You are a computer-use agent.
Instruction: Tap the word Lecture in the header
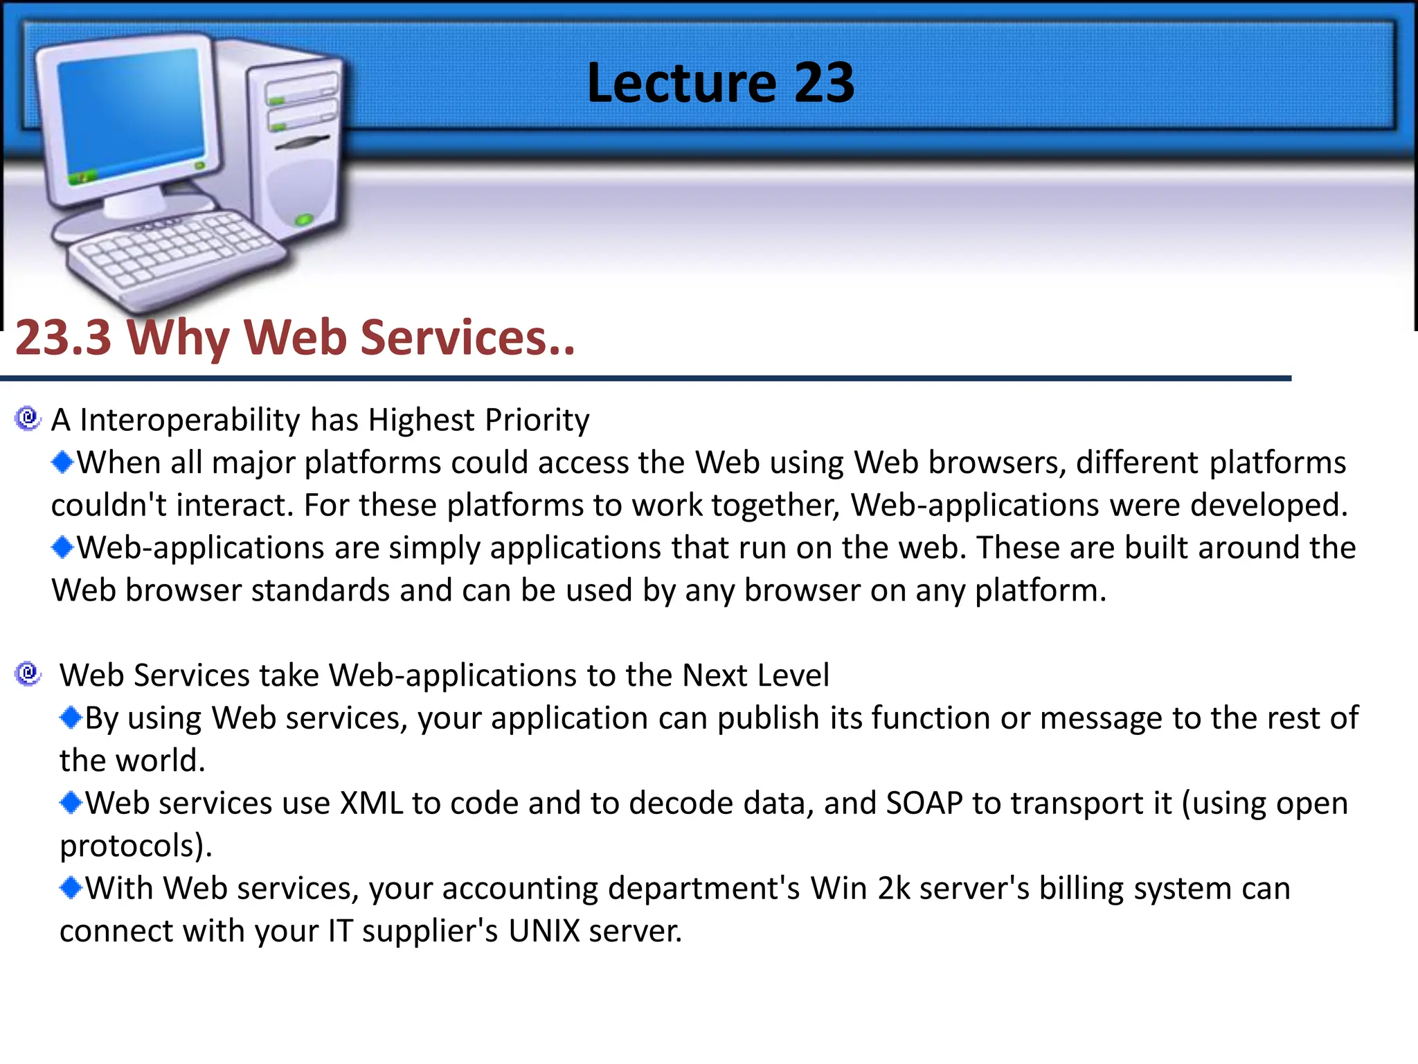pos(682,82)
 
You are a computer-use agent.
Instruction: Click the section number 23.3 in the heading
pos(64,337)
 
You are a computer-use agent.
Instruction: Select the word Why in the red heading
pos(179,337)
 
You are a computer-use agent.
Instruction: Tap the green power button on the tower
pos(303,220)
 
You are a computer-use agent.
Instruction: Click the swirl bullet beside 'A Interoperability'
pos(28,418)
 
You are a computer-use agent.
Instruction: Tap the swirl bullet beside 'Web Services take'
pos(28,673)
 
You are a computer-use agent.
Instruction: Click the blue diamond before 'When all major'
pos(62,462)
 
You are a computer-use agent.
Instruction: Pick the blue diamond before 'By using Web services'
pos(71,718)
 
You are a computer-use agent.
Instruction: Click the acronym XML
pos(371,804)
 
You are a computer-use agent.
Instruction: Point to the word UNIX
pos(544,931)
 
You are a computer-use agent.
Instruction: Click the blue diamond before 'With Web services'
pos(71,887)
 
